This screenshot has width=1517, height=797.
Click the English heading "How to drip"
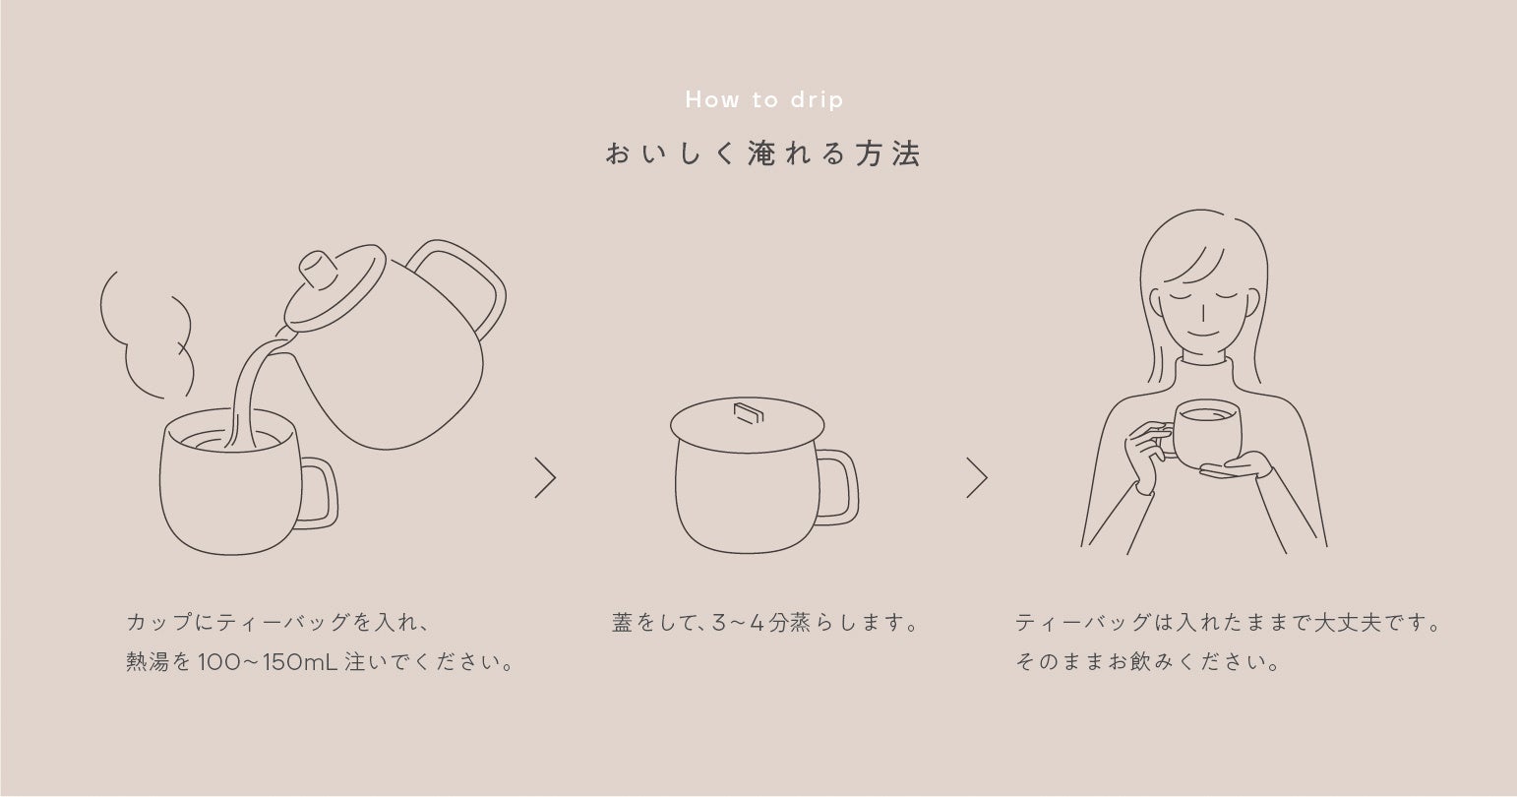click(764, 100)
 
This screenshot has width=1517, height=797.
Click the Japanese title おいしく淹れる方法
click(763, 153)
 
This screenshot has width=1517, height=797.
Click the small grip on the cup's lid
click(749, 413)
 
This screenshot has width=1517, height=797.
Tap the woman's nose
click(1203, 313)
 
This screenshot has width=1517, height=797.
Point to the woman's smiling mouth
click(1203, 334)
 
